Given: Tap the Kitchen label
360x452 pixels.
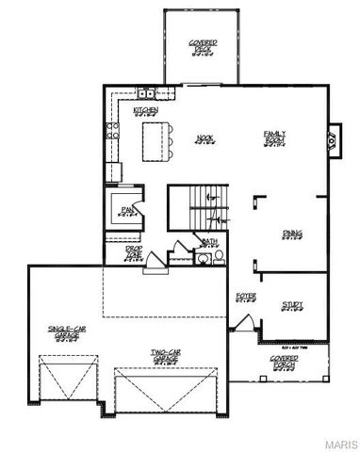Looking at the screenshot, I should (x=145, y=110).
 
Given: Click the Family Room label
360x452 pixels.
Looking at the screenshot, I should (x=274, y=137).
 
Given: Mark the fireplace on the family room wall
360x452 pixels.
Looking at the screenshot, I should (x=329, y=140).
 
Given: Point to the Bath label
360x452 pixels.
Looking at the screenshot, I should (x=209, y=242).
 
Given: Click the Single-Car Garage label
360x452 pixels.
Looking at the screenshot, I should (x=66, y=331).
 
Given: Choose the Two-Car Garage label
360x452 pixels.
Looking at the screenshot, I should (x=166, y=357).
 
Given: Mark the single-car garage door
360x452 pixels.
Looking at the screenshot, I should (x=63, y=387).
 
